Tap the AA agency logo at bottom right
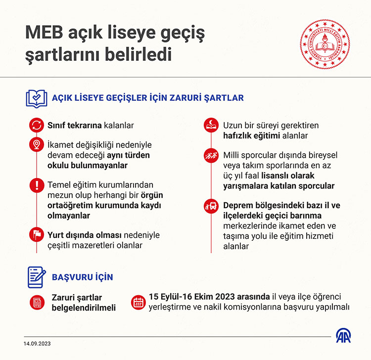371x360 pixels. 345,338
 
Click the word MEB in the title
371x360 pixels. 43,34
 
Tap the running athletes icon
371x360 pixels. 212,156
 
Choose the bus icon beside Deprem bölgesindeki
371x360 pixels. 212,205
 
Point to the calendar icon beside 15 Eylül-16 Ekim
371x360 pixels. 138,302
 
